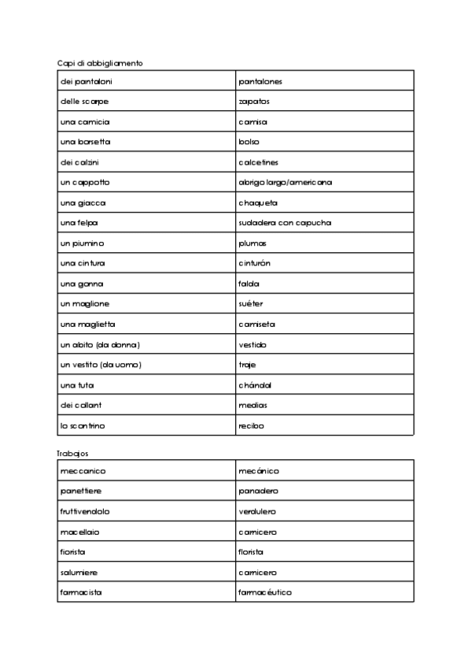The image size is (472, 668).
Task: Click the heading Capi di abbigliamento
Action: [x=100, y=62]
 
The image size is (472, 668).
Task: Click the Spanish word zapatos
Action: [x=254, y=102]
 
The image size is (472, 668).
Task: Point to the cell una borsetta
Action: [x=85, y=142]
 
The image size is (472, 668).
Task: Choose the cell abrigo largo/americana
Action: [x=285, y=183]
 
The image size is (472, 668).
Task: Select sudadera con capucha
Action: [x=285, y=223]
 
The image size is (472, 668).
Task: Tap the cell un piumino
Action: [x=83, y=243]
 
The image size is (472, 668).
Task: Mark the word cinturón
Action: [x=256, y=263]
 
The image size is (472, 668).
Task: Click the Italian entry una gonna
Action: [x=82, y=284]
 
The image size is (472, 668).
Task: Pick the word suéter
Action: [x=251, y=304]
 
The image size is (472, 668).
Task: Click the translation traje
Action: [x=247, y=365]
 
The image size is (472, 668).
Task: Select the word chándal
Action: [x=255, y=385]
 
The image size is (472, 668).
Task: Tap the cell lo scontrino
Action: [x=83, y=425]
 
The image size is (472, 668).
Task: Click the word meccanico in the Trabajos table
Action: [x=83, y=471]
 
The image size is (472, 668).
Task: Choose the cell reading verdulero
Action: [x=257, y=511]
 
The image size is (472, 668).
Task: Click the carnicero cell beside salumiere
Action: [x=257, y=572]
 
